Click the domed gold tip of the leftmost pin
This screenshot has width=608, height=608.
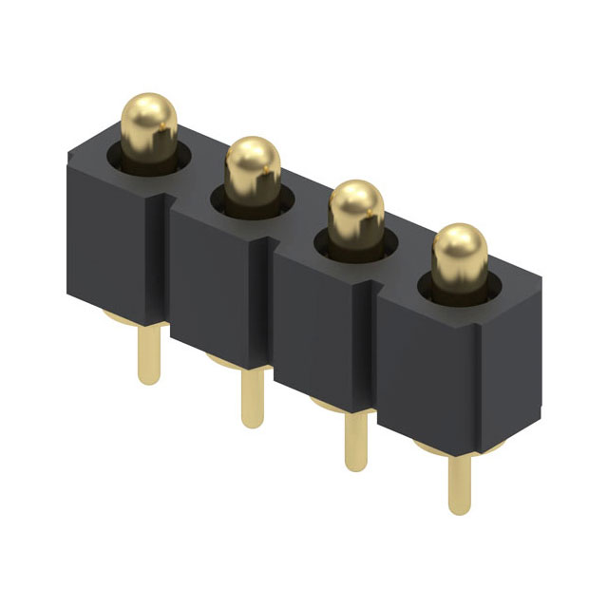point(149,119)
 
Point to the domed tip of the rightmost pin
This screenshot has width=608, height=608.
point(460,249)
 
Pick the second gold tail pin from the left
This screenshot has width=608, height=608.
point(251,397)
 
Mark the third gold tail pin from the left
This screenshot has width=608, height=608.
point(355,439)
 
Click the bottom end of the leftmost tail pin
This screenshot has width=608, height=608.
point(148,379)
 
